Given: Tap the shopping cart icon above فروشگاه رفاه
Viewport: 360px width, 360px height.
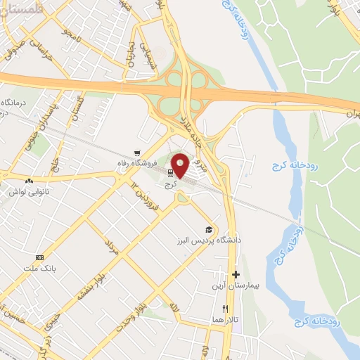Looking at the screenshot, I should (x=137, y=153).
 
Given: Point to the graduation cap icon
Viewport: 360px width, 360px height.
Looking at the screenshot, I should (x=208, y=229).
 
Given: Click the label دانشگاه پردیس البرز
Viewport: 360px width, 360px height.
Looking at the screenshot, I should (x=209, y=240).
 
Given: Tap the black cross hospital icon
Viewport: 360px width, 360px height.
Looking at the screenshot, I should (x=236, y=275).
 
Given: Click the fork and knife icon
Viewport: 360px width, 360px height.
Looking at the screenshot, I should (x=225, y=309).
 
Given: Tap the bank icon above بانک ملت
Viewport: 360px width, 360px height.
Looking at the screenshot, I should (x=39, y=258).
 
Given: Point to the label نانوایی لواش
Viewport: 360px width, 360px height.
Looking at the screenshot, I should (x=27, y=191).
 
